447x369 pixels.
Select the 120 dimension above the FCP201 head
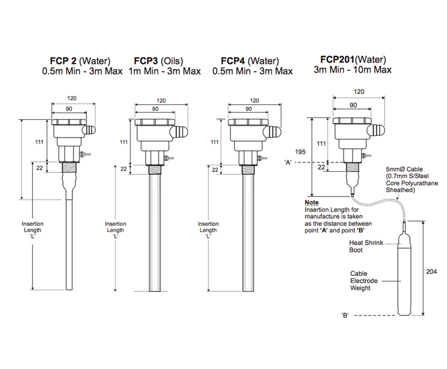click(x=359, y=92)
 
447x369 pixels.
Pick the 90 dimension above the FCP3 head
click(x=155, y=109)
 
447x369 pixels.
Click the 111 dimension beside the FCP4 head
click(x=214, y=142)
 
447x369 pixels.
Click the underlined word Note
click(x=311, y=203)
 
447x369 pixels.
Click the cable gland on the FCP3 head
click(x=181, y=130)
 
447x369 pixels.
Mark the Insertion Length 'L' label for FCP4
click(x=208, y=230)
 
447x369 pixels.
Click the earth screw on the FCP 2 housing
click(x=85, y=154)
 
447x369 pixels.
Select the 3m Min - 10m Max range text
click(x=352, y=70)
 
